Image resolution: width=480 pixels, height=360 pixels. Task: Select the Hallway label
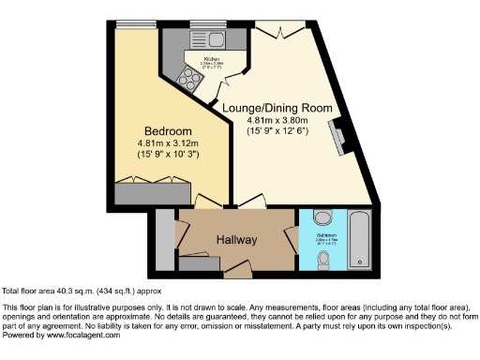pos(236,240)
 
